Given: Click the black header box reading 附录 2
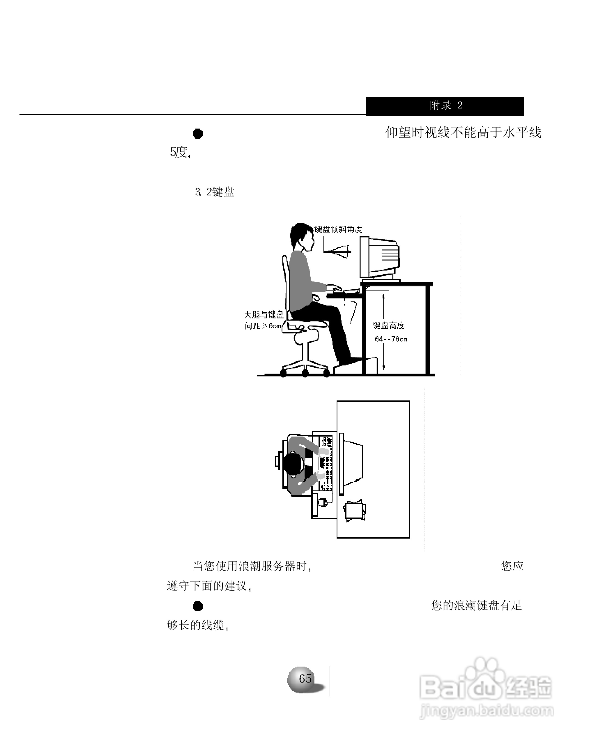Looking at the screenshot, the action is (x=444, y=106).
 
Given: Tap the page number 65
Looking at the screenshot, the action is (x=305, y=678).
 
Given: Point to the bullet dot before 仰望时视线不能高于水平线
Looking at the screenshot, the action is (x=198, y=133).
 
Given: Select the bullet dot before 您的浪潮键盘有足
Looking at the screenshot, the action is (x=198, y=606).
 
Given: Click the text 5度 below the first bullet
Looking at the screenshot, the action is (x=179, y=152).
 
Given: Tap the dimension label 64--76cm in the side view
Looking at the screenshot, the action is (x=391, y=339).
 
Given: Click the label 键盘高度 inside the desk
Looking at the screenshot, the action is (x=388, y=325).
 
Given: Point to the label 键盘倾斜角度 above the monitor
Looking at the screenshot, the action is (x=338, y=229).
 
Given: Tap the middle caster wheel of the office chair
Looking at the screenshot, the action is (x=305, y=373).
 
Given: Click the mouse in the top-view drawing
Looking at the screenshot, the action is (x=322, y=502).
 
